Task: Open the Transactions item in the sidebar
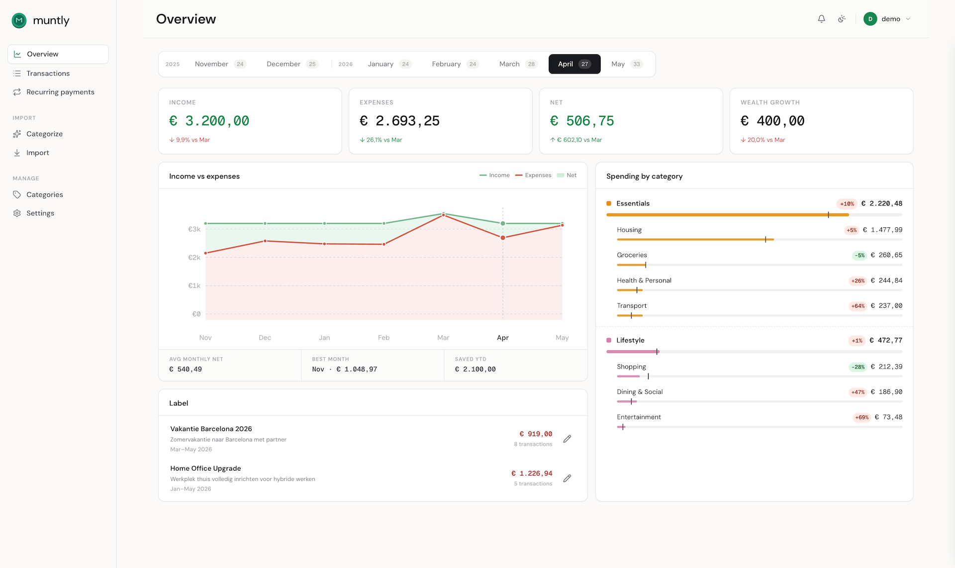point(48,74)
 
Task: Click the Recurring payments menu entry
point(60,92)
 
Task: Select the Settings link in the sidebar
point(40,213)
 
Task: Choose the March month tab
point(518,64)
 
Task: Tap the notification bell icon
point(821,19)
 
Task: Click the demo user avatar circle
point(870,19)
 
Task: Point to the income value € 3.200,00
point(209,121)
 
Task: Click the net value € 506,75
point(582,121)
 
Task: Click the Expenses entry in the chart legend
point(533,175)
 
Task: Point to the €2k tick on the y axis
point(194,258)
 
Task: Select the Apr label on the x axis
point(503,338)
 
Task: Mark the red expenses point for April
point(503,238)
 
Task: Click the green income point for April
point(503,223)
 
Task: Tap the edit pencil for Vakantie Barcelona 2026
point(567,439)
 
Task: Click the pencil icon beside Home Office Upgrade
point(567,478)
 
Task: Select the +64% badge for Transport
point(858,306)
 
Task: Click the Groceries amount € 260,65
point(886,255)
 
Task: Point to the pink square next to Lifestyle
point(609,340)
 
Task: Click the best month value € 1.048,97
point(357,369)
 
